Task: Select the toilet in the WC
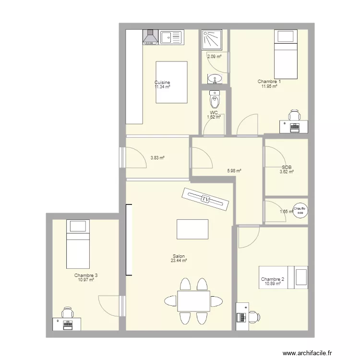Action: tap(215, 100)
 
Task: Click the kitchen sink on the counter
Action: tap(172, 36)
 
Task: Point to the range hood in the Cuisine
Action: tap(150, 37)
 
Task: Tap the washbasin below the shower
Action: tap(214, 78)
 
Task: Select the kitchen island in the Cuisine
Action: tap(171, 82)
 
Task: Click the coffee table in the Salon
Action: tap(192, 229)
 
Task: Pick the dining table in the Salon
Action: tap(193, 301)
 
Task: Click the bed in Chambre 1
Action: tap(286, 54)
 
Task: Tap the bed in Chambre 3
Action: tap(78, 244)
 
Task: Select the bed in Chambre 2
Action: tap(283, 277)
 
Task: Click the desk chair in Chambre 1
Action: tap(294, 115)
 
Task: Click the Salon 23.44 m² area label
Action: tap(179, 258)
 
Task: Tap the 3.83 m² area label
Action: tap(157, 157)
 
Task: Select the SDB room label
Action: tap(287, 168)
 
